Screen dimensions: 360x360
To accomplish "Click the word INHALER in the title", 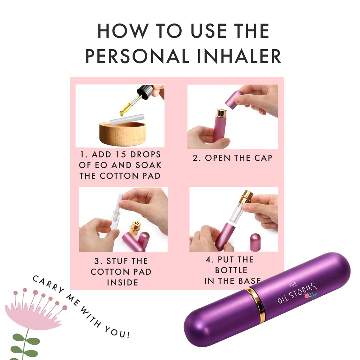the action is click(239, 56).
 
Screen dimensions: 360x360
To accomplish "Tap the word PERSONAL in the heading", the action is click(137, 56).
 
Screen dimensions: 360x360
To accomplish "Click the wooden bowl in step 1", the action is click(123, 134).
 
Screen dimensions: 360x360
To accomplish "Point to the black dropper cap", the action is click(145, 92).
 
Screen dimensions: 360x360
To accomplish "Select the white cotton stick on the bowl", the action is click(127, 119).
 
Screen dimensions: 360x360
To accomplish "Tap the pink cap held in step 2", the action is click(233, 99).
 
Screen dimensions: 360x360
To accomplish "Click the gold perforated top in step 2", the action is click(221, 112).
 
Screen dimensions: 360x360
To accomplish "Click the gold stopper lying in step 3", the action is click(135, 227).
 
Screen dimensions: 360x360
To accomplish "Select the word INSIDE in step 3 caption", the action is click(123, 282).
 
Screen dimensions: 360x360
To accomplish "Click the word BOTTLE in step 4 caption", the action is click(231, 270).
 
